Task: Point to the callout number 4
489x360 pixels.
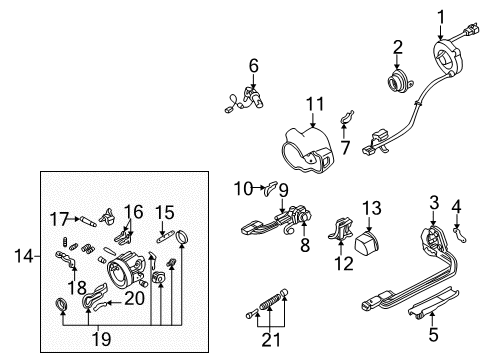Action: click(458, 209)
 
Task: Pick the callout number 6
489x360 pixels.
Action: click(254, 66)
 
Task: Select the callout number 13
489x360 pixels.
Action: click(370, 207)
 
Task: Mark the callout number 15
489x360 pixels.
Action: click(166, 212)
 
